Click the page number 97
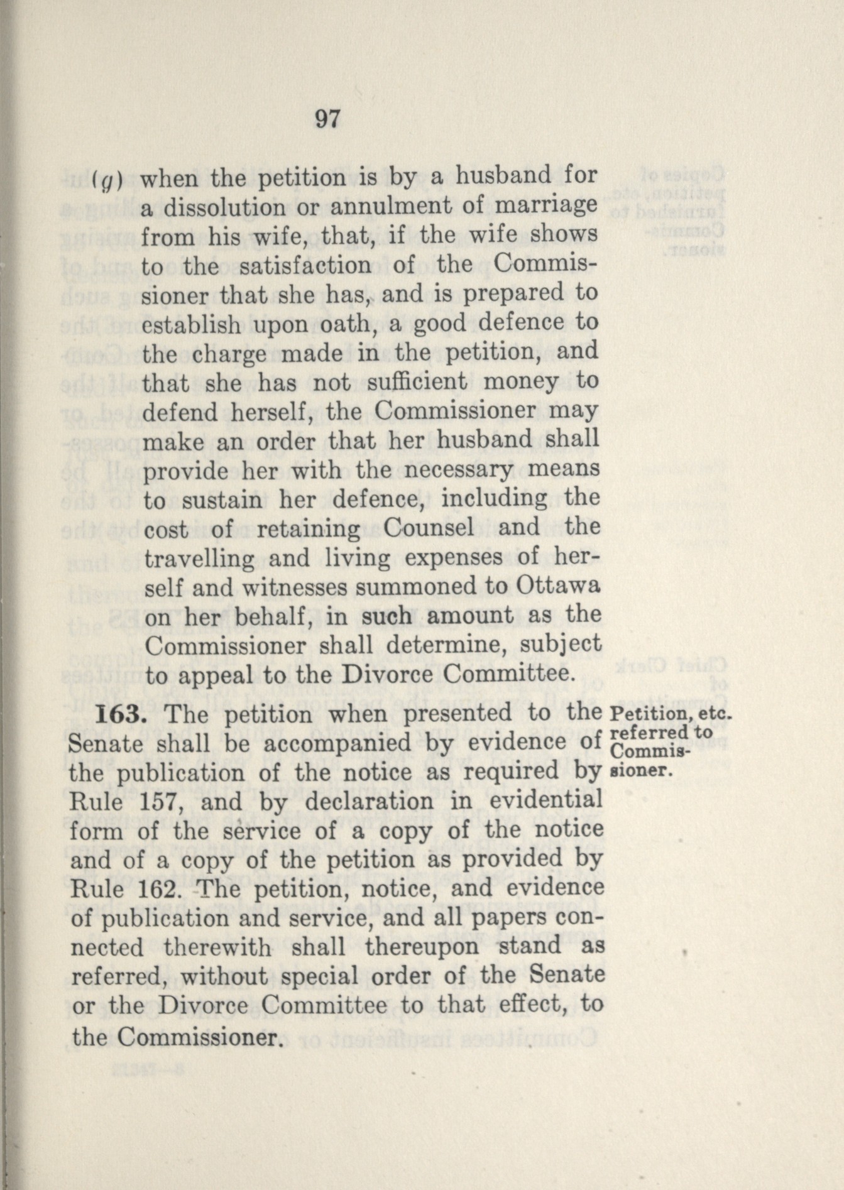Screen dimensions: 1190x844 [x=327, y=119]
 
